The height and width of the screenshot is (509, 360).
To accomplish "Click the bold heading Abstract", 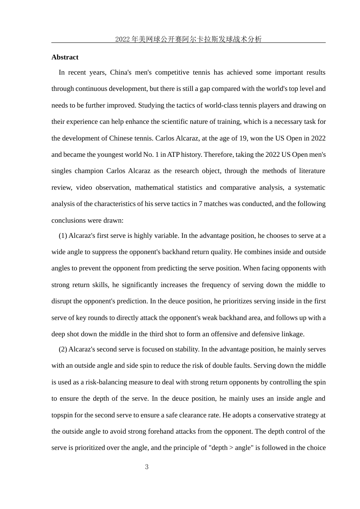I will [65, 57].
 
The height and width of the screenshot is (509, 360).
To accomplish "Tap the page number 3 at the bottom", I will [147, 467].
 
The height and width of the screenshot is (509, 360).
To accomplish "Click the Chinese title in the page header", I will [188, 39].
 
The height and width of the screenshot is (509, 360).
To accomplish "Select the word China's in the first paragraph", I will [121, 72].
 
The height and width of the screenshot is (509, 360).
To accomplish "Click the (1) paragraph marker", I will [63, 236].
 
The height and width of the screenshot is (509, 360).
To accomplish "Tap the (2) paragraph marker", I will [63, 349].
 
